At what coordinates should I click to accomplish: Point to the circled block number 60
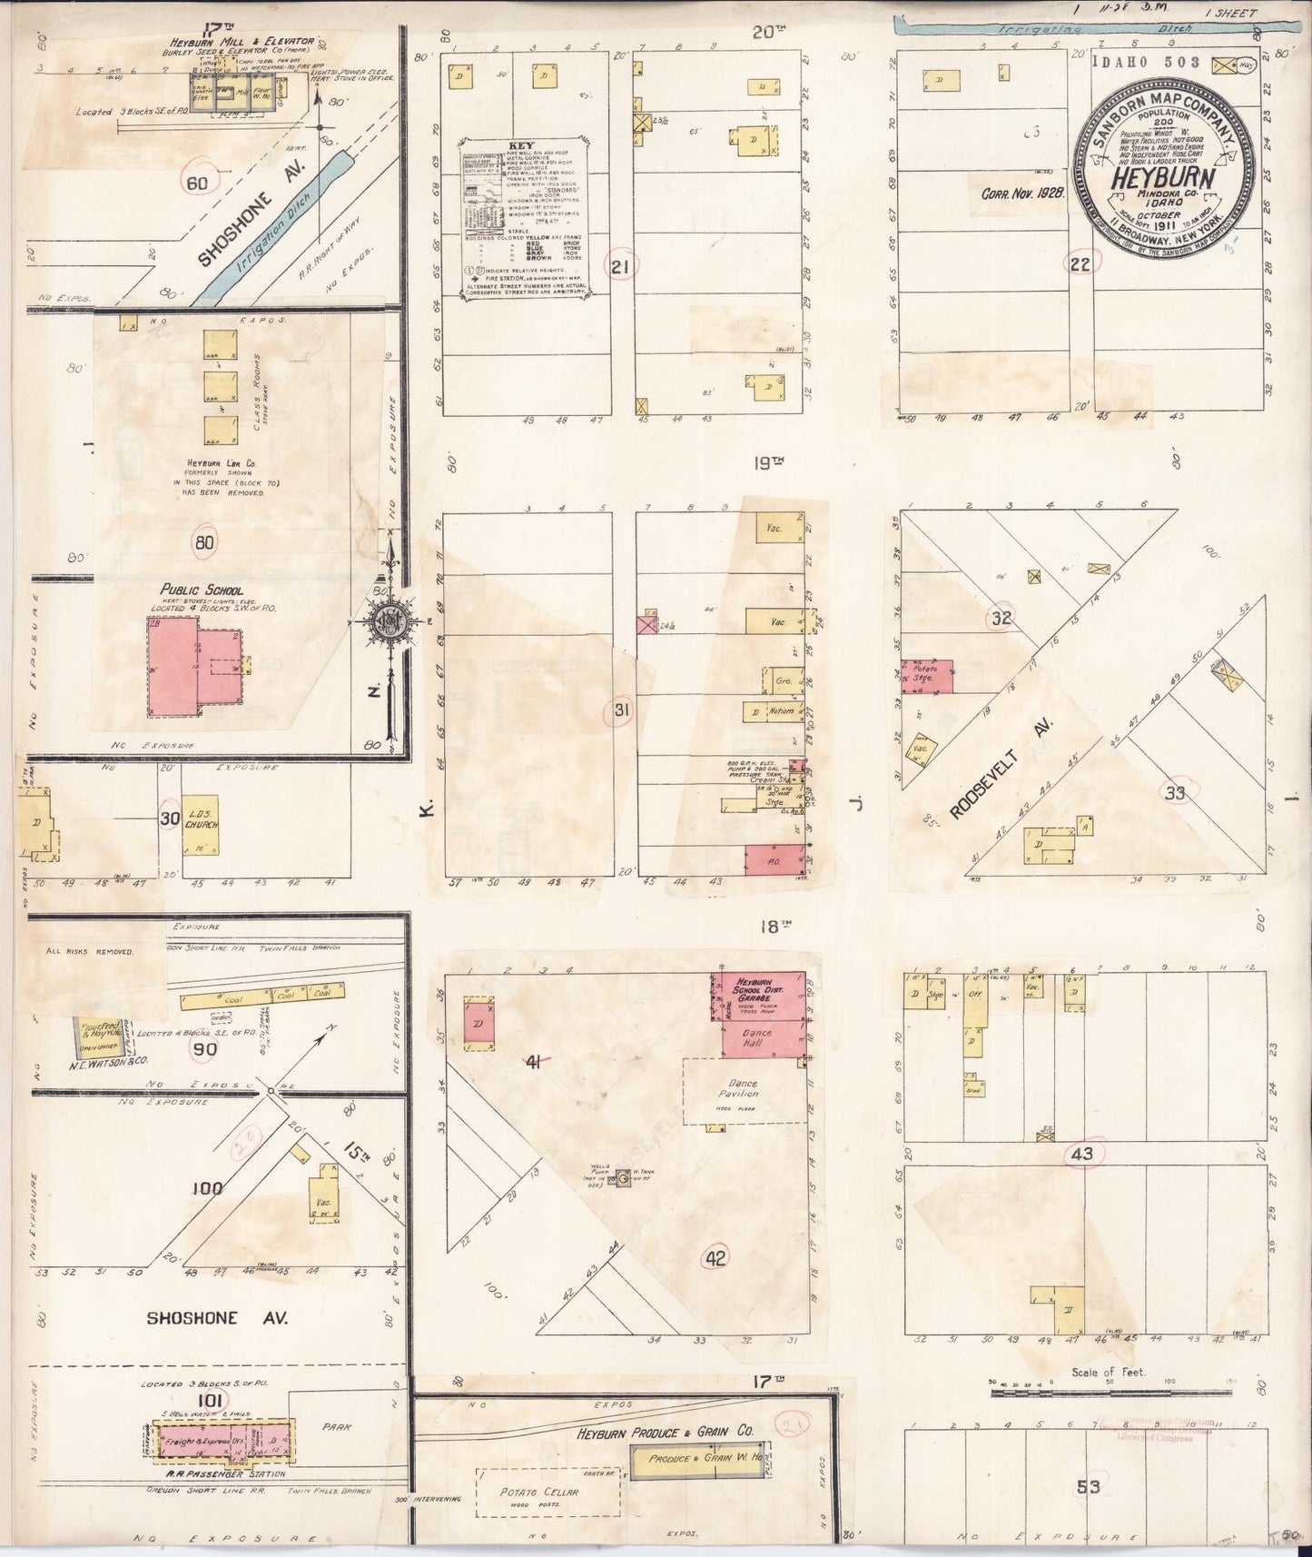[x=197, y=183]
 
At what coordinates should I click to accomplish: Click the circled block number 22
[x=1079, y=264]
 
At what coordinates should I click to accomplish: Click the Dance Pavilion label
[x=736, y=1089]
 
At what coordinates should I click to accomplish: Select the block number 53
[x=1088, y=1487]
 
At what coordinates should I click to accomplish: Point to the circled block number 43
[x=1081, y=1155]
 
